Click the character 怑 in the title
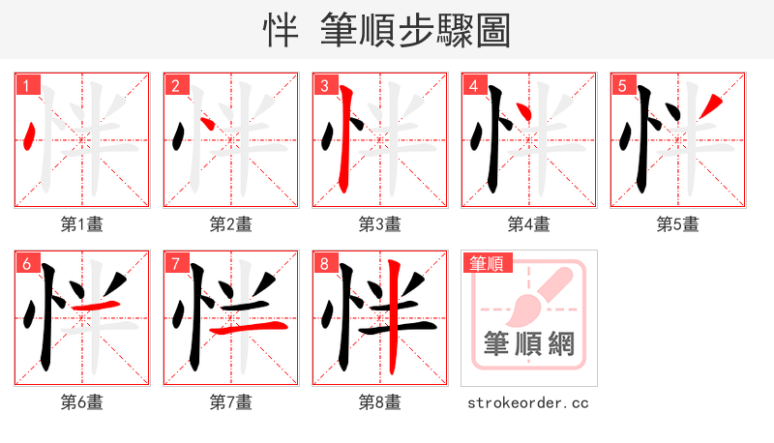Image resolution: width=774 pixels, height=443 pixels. click(282, 30)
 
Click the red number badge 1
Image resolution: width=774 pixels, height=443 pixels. click(27, 85)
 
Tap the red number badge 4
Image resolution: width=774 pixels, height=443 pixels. click(474, 85)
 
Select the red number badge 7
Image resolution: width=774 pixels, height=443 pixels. click(176, 263)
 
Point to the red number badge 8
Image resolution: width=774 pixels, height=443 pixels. click(325, 263)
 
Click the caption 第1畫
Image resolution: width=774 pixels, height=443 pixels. click(81, 224)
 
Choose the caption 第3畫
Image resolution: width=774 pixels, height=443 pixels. click(379, 224)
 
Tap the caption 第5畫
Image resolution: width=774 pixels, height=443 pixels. click(677, 224)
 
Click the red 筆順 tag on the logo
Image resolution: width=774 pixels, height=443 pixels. click(489, 263)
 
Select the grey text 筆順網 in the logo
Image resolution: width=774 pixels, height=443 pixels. click(528, 343)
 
